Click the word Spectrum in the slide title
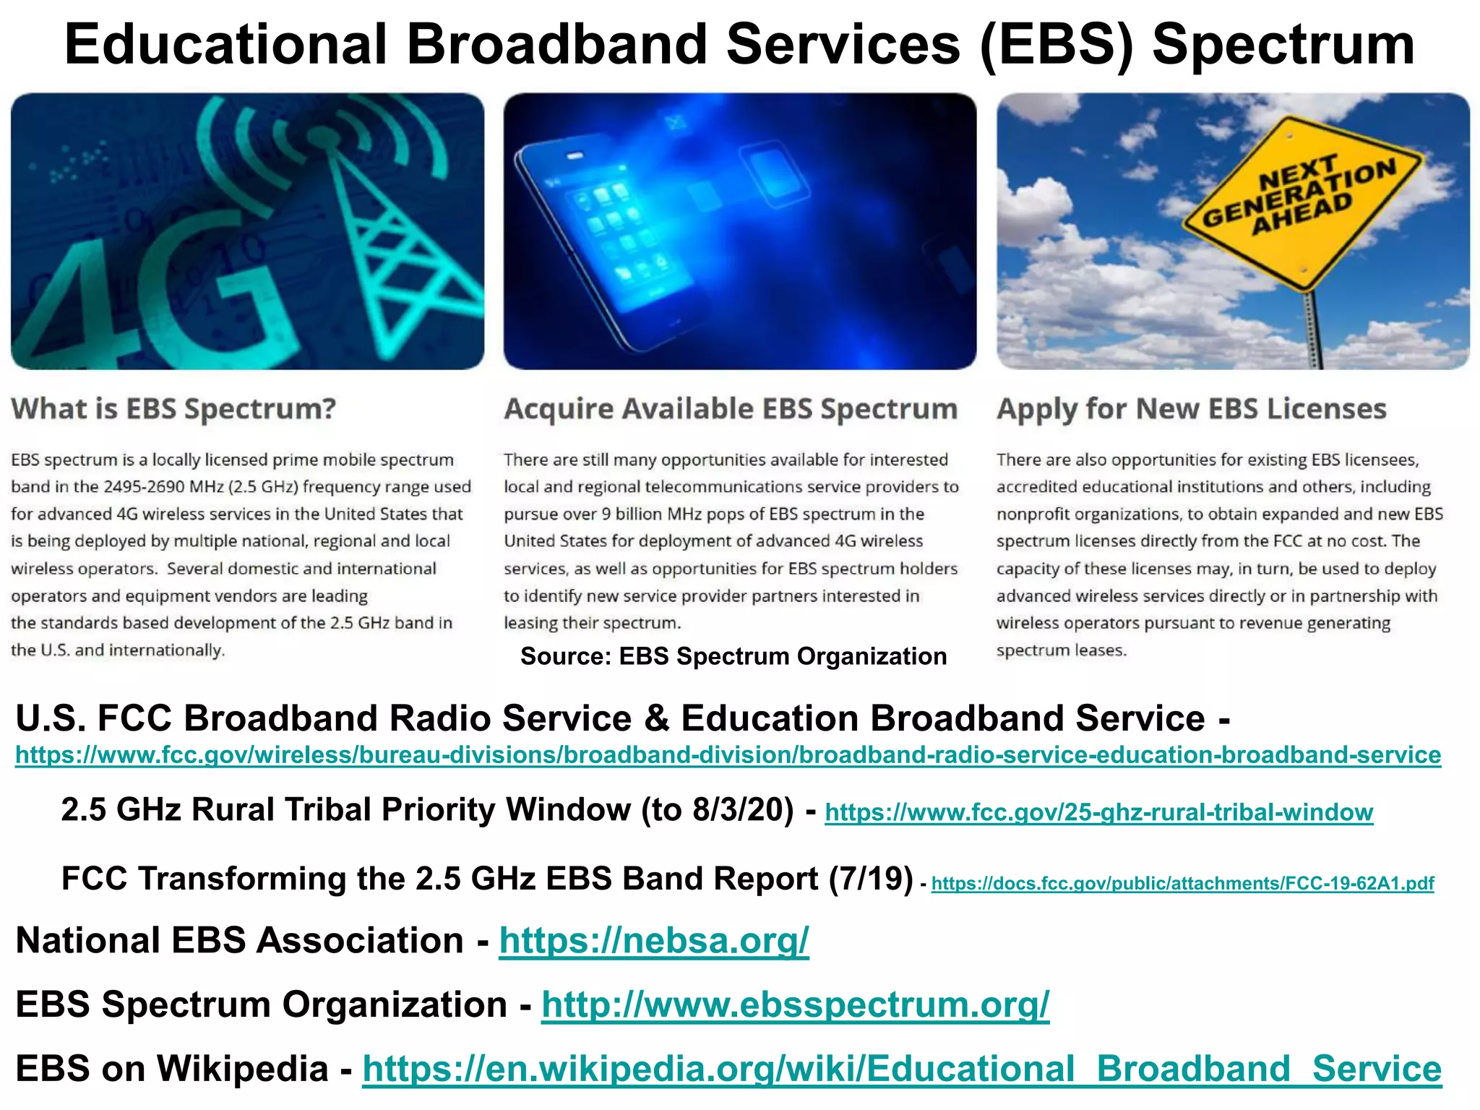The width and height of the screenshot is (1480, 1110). (x=1283, y=45)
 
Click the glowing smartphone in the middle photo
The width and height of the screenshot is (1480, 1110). (x=614, y=238)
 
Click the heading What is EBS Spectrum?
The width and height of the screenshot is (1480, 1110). (x=173, y=409)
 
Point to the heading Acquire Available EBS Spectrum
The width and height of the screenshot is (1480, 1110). (x=731, y=409)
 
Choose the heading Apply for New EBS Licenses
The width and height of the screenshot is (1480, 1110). (x=1191, y=409)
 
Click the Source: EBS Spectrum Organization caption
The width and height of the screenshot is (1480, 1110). (x=733, y=656)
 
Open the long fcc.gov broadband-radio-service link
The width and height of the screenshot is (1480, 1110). (x=728, y=755)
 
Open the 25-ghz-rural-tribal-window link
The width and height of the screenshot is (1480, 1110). (x=1098, y=812)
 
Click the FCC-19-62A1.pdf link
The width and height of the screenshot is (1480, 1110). (x=1182, y=883)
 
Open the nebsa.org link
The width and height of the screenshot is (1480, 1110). (x=654, y=941)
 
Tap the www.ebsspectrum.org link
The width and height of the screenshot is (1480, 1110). (x=795, y=1005)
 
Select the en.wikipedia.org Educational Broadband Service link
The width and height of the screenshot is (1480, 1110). (x=901, y=1070)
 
